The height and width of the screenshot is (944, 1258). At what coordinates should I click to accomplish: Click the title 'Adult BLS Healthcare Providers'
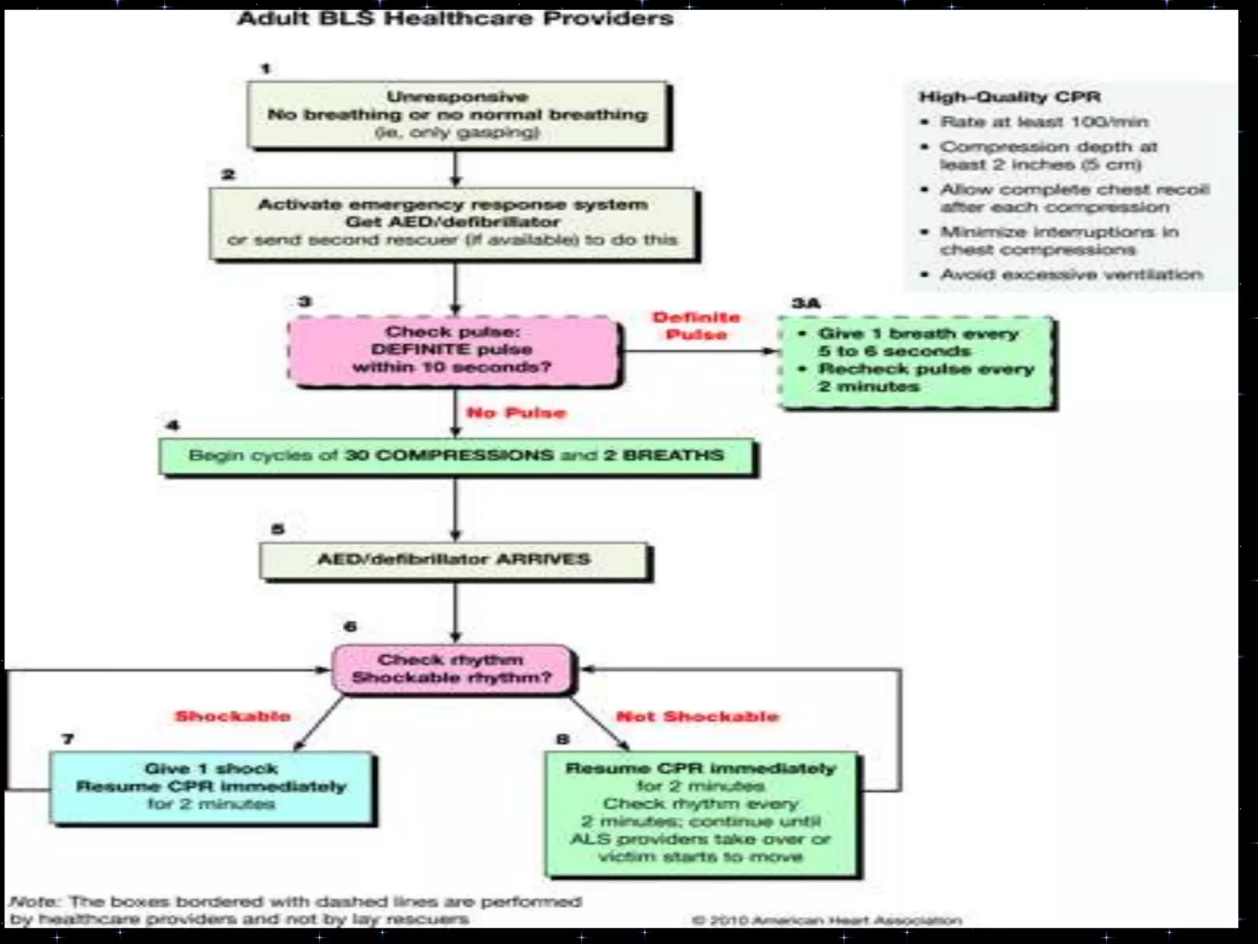(x=455, y=18)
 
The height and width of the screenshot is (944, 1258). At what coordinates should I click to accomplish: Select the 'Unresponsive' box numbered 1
(x=458, y=115)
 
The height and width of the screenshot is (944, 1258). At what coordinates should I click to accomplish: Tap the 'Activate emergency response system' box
(x=453, y=222)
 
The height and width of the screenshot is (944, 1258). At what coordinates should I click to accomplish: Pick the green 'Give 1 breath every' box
(x=916, y=361)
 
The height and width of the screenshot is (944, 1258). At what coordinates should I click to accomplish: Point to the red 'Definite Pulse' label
(x=696, y=326)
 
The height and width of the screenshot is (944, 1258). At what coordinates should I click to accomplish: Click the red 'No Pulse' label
(x=516, y=412)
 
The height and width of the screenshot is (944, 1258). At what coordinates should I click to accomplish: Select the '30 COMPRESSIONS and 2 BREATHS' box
(x=456, y=455)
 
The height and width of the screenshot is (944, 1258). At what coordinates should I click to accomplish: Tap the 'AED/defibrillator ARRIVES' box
(x=454, y=559)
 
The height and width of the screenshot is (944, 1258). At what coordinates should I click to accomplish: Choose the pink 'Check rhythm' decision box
(x=451, y=669)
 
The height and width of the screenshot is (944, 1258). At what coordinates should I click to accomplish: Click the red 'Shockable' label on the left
(x=233, y=716)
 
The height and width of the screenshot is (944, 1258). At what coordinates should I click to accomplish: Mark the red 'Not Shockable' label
(x=697, y=717)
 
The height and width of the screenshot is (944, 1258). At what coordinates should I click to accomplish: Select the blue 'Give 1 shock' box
(x=211, y=787)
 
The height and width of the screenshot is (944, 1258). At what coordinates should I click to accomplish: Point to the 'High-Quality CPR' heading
(x=1009, y=97)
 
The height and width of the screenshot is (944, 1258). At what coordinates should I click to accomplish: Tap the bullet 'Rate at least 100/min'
(x=1044, y=122)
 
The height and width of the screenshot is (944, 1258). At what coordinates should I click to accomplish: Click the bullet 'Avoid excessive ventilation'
(x=1071, y=274)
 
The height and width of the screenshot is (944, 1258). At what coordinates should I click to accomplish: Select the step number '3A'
(x=805, y=303)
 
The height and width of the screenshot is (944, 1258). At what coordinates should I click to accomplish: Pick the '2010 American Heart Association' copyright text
(x=827, y=920)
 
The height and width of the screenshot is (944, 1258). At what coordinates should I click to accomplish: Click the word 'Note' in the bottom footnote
(x=32, y=902)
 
